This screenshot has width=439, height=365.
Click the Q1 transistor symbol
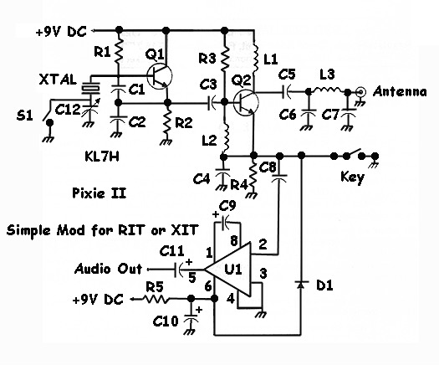[159, 76]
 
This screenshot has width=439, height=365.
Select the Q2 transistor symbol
[246, 103]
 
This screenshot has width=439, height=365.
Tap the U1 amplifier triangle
[227, 270]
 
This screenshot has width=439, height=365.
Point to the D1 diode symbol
[301, 285]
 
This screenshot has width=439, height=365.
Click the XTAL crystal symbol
[90, 88]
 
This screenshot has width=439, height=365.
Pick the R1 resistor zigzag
[119, 52]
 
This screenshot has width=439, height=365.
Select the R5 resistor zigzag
[156, 300]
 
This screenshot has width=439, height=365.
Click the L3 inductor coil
[328, 90]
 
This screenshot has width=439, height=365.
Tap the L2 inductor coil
[226, 137]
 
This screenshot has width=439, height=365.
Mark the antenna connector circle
[360, 91]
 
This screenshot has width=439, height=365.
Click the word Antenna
[400, 92]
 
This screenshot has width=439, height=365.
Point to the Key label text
[352, 177]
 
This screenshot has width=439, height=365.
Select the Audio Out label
[108, 269]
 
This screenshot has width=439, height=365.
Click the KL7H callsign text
[102, 157]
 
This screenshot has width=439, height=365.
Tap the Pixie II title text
[100, 193]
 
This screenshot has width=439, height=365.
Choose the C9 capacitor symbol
[225, 223]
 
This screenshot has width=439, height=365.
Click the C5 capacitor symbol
[287, 91]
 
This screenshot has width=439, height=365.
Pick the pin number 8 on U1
[234, 241]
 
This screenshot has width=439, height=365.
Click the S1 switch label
[24, 116]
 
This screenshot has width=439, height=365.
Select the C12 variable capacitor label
[68, 110]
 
